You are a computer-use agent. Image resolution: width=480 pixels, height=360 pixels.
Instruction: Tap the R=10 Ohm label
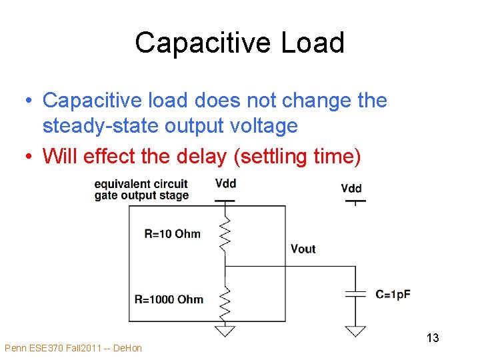172,233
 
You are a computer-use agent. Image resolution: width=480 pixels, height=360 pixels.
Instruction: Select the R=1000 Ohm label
169,299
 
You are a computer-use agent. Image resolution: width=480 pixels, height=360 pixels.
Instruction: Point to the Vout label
303,249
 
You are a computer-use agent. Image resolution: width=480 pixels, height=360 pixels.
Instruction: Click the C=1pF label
393,294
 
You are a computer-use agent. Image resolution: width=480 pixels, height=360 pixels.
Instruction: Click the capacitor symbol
355,293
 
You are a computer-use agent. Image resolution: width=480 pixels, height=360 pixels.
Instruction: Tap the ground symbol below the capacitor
355,330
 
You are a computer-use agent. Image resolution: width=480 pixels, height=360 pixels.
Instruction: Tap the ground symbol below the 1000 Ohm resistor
226,329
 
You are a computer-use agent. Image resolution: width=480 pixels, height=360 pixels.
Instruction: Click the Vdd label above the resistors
226,183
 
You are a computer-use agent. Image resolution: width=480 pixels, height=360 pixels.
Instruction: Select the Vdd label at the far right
351,188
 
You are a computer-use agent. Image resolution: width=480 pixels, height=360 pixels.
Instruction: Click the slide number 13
433,338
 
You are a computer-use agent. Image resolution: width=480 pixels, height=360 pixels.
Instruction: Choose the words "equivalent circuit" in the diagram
141,184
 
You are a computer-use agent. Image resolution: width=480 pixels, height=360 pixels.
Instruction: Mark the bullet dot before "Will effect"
29,157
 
